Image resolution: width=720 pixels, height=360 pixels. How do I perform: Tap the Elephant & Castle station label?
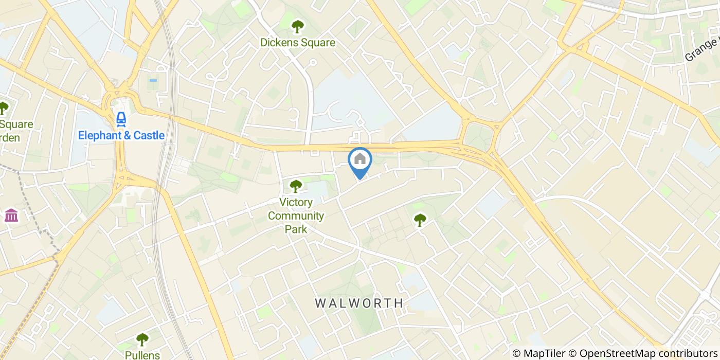(x=121, y=136)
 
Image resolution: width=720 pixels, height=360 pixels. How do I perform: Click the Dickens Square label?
(x=298, y=43)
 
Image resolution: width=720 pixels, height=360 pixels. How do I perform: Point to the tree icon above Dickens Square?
(x=297, y=26)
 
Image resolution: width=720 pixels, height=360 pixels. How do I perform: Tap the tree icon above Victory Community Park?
(x=295, y=186)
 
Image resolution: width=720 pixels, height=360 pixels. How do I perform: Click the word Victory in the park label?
(x=296, y=202)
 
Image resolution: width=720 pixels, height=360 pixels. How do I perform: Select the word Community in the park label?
(x=296, y=215)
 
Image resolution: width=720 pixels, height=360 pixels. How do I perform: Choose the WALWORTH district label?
(x=359, y=303)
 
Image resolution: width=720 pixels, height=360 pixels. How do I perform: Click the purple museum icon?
(x=11, y=215)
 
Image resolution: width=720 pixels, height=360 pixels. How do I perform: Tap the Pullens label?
(x=142, y=355)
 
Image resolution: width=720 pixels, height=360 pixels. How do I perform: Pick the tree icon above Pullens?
(x=142, y=339)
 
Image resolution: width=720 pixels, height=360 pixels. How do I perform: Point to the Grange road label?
(x=702, y=50)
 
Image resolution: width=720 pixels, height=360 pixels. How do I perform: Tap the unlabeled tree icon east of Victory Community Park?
(x=420, y=220)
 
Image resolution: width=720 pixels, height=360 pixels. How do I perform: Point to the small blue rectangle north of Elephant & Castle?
(x=153, y=81)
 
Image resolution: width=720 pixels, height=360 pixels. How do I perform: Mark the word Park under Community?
(x=296, y=229)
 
